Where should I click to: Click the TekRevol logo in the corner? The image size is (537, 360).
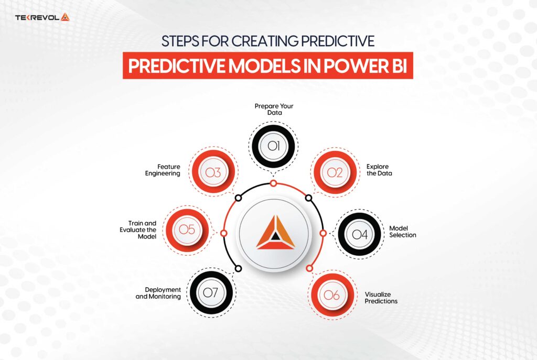pos(42,17)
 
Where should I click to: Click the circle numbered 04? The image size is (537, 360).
pos(360,234)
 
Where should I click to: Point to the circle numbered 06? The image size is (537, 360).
pos(331,296)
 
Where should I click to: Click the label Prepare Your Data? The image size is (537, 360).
pos(274,109)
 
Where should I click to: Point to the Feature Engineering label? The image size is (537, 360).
pos(163,170)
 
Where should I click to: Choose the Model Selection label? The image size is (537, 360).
pos(403,232)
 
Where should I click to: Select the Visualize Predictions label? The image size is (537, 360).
pos(381,298)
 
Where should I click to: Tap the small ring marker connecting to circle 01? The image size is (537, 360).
pos(273,183)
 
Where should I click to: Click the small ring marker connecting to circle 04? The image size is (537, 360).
pos(323,233)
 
